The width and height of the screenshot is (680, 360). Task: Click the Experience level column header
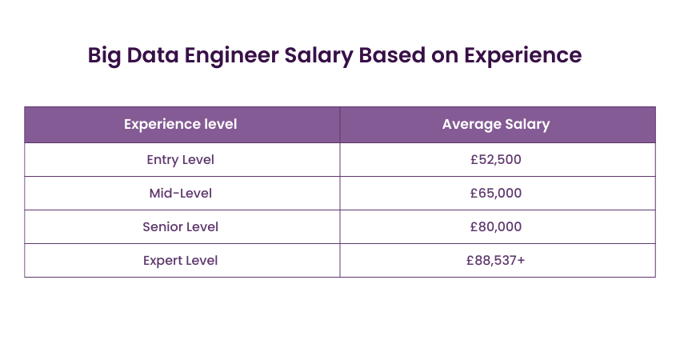coord(181,125)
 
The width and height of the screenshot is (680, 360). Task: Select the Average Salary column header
coord(496,125)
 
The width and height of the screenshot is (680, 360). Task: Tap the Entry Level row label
coord(181,160)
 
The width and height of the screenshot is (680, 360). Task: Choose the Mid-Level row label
coord(181,194)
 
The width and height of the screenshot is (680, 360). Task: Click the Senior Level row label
coord(181,227)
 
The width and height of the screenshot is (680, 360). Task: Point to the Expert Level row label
coord(181,261)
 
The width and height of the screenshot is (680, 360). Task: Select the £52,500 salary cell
coord(496,160)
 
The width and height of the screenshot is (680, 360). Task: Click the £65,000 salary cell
coord(496,194)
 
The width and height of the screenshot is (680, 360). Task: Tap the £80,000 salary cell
coord(496,227)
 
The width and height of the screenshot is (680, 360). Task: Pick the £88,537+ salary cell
coord(496,261)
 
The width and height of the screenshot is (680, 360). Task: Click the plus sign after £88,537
coord(522,261)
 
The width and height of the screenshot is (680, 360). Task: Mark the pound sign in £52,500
coord(474,160)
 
